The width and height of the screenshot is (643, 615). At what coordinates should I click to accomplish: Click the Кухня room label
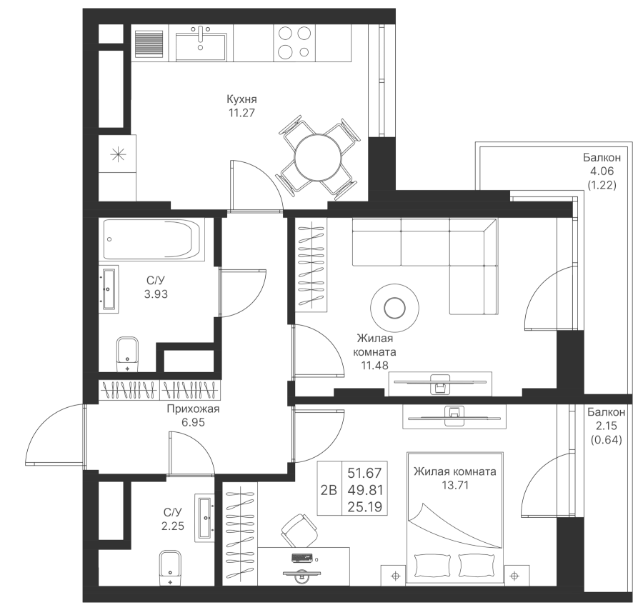tap(241, 99)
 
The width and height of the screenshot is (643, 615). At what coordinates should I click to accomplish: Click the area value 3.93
tap(156, 294)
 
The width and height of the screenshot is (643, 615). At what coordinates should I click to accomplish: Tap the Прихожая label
tap(192, 409)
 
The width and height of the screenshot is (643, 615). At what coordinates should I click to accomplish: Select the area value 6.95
tap(193, 422)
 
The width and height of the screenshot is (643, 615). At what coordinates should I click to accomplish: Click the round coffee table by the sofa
tap(393, 308)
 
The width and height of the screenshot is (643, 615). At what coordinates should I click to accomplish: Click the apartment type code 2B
tap(329, 490)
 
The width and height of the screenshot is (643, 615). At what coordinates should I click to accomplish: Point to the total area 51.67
tap(364, 473)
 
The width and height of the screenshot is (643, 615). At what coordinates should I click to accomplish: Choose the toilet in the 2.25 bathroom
tap(169, 569)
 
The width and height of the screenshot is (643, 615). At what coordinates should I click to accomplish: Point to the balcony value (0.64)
tap(607, 439)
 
